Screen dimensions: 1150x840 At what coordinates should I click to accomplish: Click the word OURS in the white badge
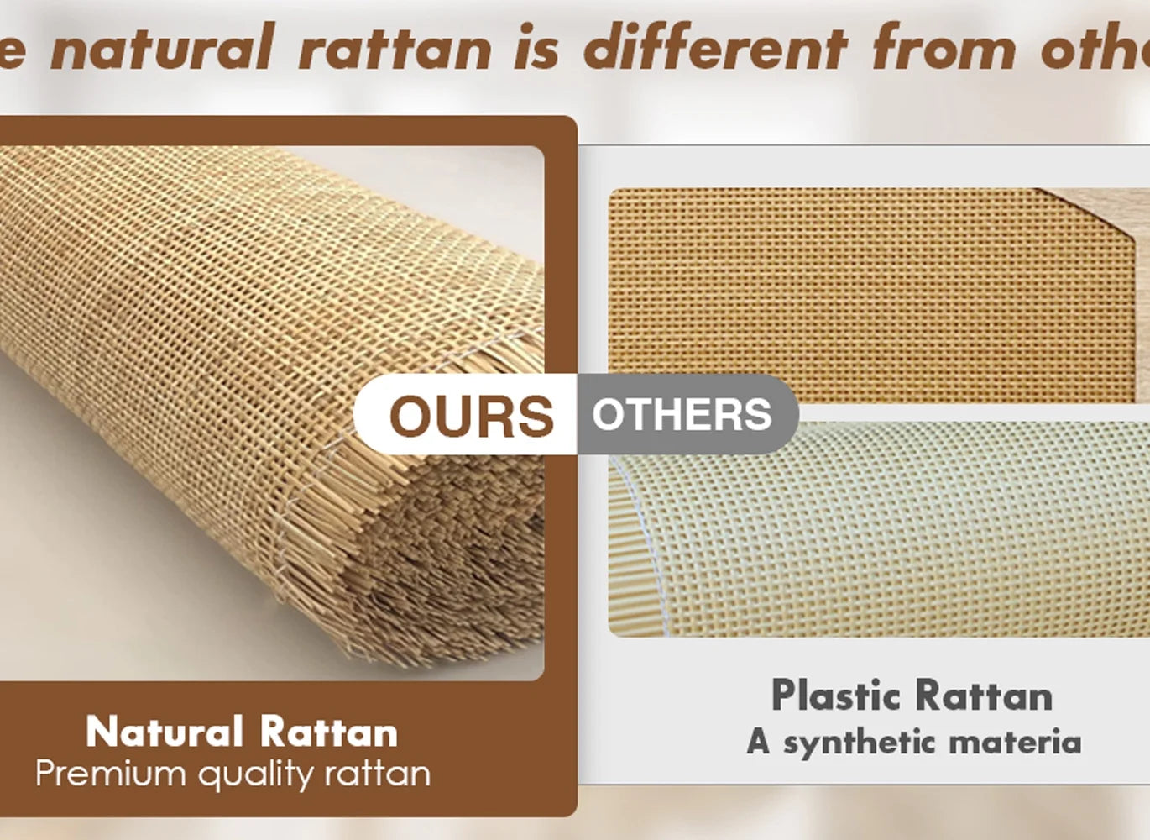click(472, 416)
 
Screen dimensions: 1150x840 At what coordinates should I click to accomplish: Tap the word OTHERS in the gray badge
click(682, 415)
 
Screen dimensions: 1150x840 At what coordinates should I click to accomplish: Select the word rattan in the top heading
click(395, 47)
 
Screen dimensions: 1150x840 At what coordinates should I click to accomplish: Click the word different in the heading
click(716, 45)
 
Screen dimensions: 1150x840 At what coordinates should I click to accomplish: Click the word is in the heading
click(536, 46)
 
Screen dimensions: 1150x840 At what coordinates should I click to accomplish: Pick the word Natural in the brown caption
click(165, 732)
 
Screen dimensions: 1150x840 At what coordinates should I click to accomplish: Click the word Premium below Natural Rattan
click(111, 773)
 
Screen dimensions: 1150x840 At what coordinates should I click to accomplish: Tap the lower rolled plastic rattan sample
click(879, 529)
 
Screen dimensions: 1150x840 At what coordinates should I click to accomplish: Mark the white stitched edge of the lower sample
click(642, 544)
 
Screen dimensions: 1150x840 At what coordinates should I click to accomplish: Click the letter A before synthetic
click(759, 742)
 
